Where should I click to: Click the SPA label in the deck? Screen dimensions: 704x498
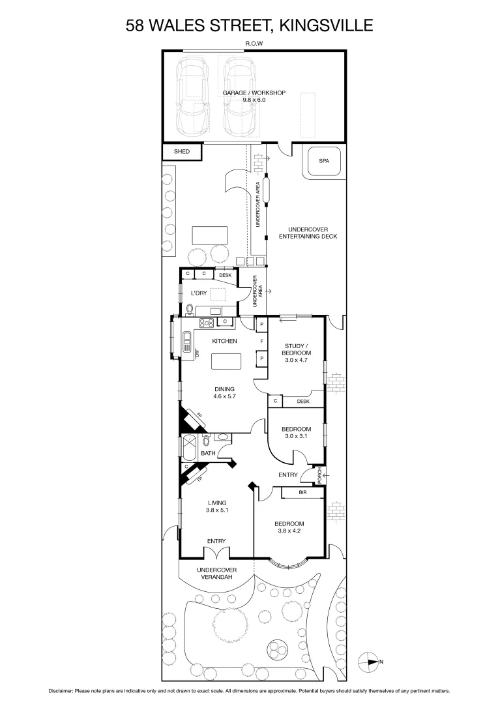323,160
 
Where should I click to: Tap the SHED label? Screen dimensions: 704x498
181,152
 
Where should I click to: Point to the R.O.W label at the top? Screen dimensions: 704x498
254,44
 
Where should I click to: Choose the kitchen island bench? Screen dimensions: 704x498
226,361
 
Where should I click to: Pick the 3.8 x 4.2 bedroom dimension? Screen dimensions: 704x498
288,530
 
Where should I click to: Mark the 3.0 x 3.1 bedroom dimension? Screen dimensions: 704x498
296,436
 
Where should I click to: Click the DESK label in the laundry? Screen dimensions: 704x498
225,276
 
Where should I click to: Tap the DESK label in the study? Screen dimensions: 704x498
303,402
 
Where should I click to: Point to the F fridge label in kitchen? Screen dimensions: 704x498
261,341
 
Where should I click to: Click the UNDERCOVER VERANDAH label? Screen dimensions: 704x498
217,573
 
